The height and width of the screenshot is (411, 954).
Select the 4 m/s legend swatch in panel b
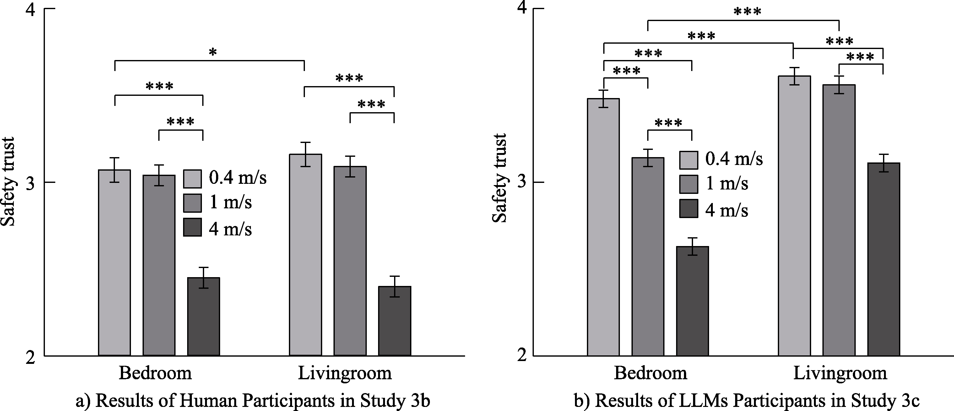click(688, 209)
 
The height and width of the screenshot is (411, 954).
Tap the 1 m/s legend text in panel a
click(230, 202)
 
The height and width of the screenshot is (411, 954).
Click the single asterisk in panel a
click(213, 52)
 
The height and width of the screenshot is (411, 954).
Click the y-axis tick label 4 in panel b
click(522, 8)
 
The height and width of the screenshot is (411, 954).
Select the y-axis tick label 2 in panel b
click(522, 356)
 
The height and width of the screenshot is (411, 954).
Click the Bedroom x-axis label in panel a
click(155, 373)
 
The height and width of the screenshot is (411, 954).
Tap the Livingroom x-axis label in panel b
click(840, 373)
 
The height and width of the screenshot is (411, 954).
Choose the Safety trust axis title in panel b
click(500, 178)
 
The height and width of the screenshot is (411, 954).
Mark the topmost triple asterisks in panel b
click(747, 12)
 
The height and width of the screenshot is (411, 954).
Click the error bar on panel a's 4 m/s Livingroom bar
click(394, 287)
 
